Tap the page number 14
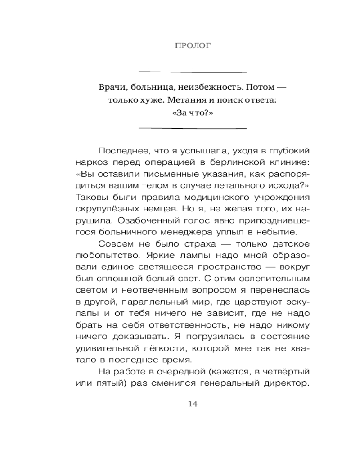(193, 404)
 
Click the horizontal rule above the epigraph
(193, 72)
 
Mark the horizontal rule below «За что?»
(193, 128)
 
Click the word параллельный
(148, 302)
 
